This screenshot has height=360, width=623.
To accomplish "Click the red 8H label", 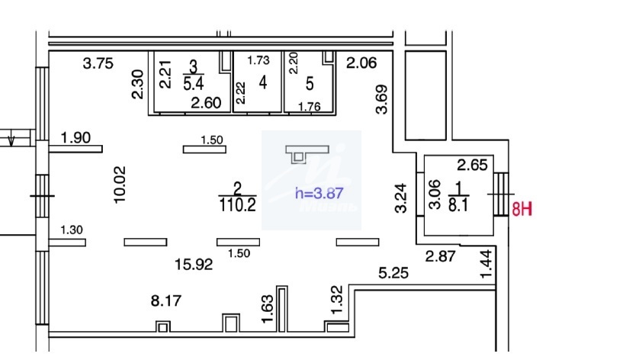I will coord(521,209).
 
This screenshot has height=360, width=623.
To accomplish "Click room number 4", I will coord(263,83).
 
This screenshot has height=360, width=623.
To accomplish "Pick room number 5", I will coord(309,82).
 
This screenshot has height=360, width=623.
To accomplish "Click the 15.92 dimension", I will coord(193,265).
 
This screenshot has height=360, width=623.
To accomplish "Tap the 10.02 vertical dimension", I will coord(119,185).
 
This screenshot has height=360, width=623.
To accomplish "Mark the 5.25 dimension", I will coord(394,272).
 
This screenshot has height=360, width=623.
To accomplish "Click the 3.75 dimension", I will coord(98,64).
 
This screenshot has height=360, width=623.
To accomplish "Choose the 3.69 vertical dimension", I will coord(383,99).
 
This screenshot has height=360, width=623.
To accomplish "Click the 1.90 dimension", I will coord(75,138).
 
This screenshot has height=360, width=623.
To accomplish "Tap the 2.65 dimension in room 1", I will coord(472,163).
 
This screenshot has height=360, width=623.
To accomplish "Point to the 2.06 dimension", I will coord(361,64).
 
